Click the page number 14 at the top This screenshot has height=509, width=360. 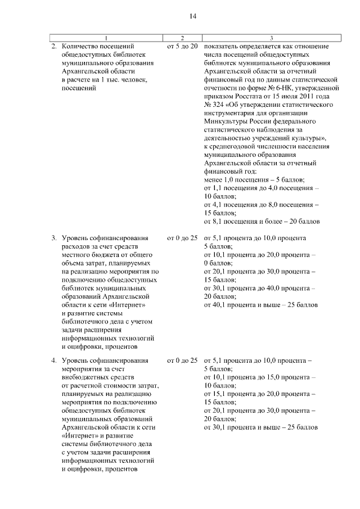tap(192, 16)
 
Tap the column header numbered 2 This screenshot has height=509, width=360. tap(182, 37)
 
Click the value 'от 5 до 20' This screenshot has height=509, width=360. tap(182, 45)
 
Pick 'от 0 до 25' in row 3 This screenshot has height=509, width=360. tap(182, 238)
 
